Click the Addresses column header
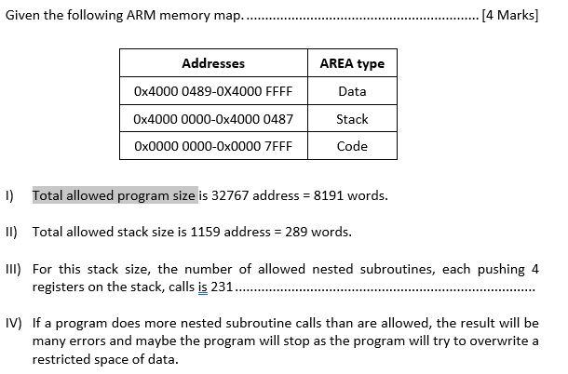tap(213, 63)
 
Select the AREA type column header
tap(352, 63)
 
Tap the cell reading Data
tap(352, 91)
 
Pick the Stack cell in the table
tap(352, 119)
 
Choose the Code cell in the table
tap(352, 146)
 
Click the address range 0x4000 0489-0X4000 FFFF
tap(213, 91)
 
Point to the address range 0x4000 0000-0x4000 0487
tap(213, 119)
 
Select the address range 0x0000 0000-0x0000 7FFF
tap(213, 146)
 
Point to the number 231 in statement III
tap(222, 287)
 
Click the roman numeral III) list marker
tap(13, 270)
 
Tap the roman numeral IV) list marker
tap(13, 324)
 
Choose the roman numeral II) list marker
tap(11, 232)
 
